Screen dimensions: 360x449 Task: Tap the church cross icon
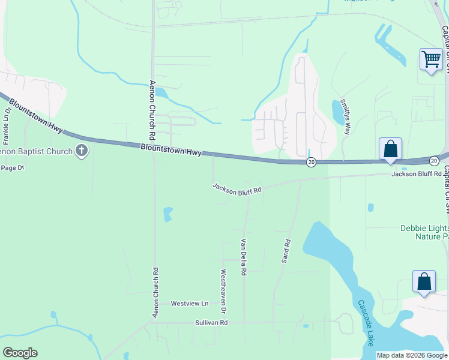pos(82,151)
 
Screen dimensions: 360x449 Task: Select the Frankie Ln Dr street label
pos(7,127)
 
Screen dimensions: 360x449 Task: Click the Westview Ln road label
pos(189,304)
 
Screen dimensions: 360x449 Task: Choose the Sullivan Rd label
pos(211,323)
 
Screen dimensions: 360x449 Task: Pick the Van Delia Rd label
pos(244,257)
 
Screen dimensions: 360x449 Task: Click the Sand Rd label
pos(286,252)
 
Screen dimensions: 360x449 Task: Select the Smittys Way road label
pos(345,116)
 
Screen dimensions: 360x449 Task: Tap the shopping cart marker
pos(430,60)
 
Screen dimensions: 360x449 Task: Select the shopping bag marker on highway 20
pos(390,149)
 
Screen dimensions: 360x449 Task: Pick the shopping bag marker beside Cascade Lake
pos(424,281)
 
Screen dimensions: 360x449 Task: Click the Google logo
pos(20,353)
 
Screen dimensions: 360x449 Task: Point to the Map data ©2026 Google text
pos(411,355)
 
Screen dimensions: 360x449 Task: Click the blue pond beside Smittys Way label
pos(338,112)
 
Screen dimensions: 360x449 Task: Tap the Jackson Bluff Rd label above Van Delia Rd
pos(237,188)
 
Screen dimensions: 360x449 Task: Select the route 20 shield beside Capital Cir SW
pos(434,160)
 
